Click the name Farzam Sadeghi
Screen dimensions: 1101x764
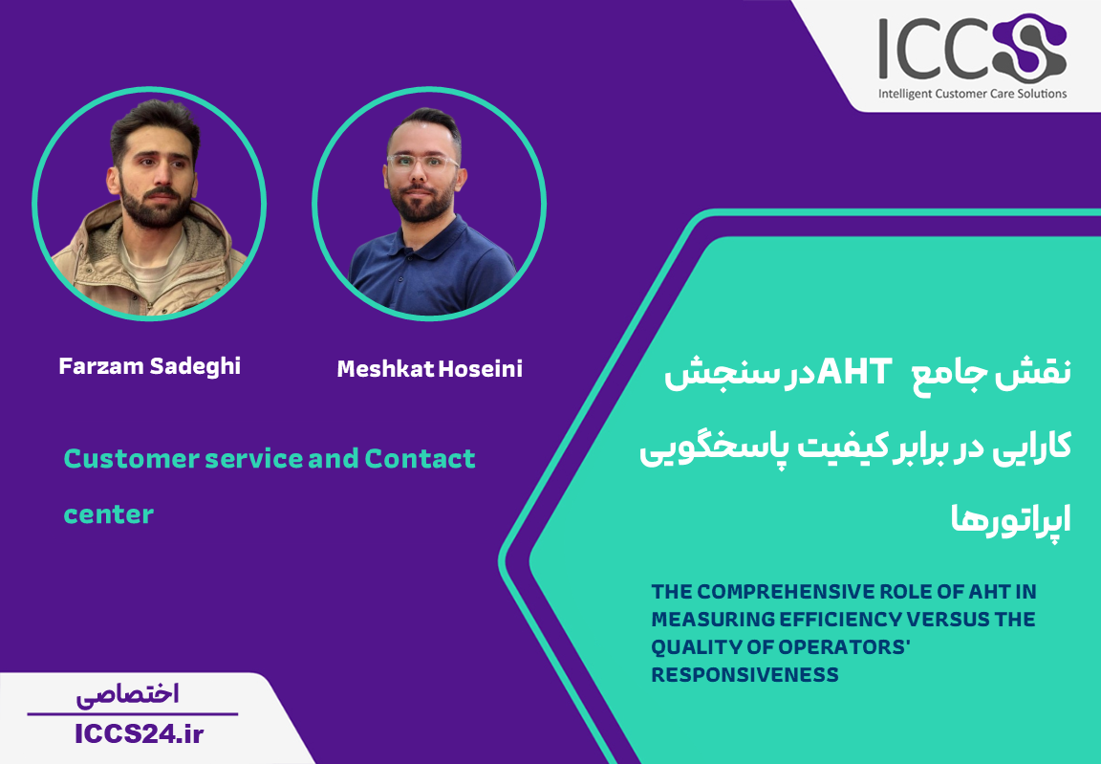point(149,366)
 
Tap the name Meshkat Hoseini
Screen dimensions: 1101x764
point(430,369)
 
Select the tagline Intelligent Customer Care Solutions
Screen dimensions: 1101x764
point(973,94)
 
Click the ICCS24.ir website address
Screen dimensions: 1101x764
point(139,734)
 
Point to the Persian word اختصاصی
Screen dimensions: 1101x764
point(128,694)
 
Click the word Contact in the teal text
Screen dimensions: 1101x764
point(420,459)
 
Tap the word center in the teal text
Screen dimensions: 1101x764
point(109,514)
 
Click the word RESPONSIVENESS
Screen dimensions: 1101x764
point(745,675)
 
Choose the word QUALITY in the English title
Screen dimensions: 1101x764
point(689,647)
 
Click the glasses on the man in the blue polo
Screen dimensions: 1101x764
point(422,163)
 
